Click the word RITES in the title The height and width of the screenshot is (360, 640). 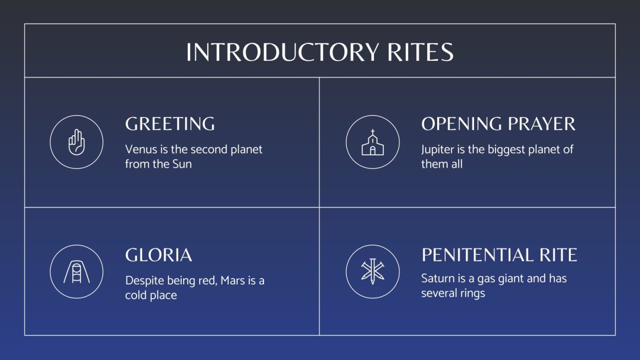(x=420, y=52)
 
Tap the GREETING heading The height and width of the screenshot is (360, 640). (x=170, y=124)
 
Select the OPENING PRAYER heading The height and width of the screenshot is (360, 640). (x=498, y=124)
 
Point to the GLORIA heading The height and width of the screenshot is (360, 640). (x=158, y=255)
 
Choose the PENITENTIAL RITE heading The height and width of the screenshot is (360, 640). (x=499, y=255)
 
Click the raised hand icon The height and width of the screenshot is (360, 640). (x=77, y=142)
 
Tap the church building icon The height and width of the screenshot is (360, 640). (x=372, y=142)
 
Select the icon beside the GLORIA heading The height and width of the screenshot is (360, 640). (x=77, y=272)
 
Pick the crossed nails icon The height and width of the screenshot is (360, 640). (x=372, y=272)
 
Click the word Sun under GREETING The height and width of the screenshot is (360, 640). (x=182, y=164)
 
